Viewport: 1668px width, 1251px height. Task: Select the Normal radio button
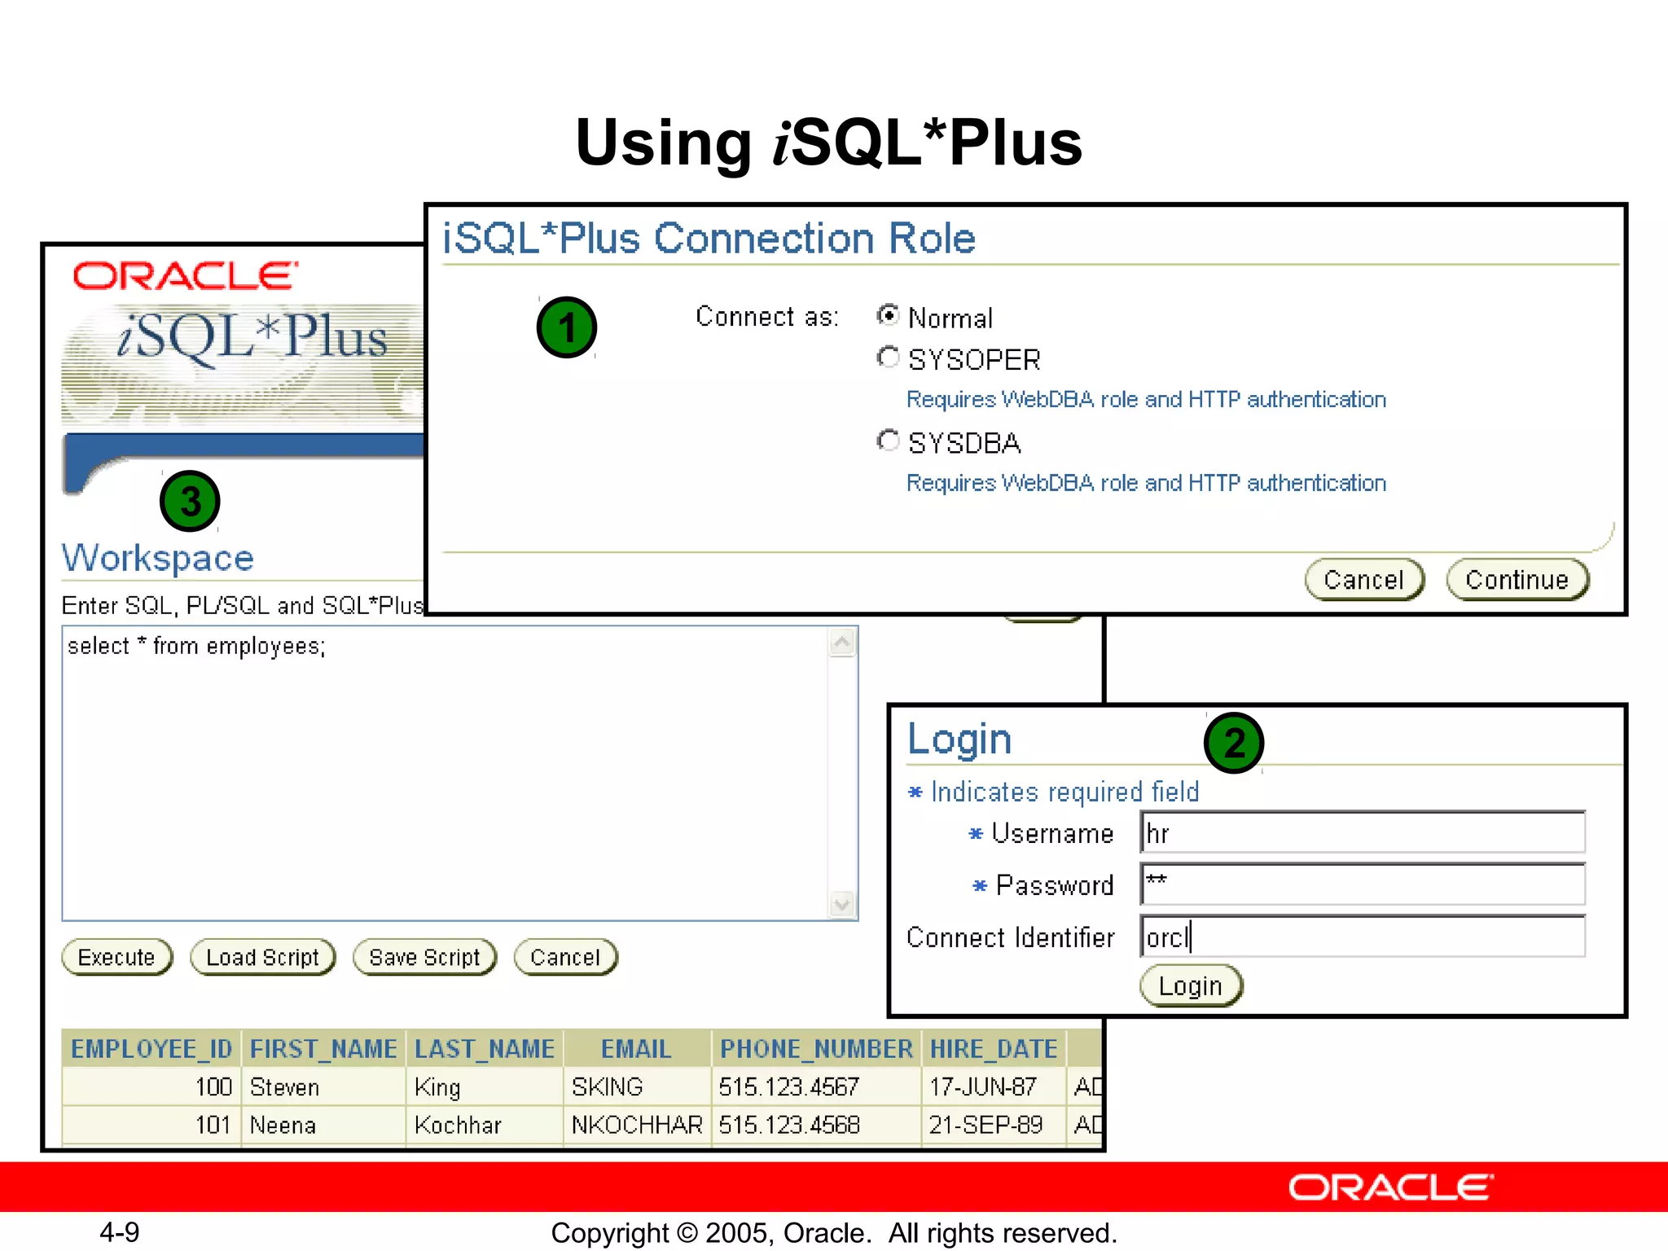(888, 315)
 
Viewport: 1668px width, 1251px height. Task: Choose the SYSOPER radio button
(888, 358)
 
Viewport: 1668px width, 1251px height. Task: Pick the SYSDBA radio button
(888, 441)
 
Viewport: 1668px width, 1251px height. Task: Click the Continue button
(1517, 580)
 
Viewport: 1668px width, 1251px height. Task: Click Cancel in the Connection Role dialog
(1363, 580)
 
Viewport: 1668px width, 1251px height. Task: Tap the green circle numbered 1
(567, 327)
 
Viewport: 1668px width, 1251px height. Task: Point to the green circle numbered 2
(1234, 743)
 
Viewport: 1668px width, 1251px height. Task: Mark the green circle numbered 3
(190, 501)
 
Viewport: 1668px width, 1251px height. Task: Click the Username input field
(1362, 833)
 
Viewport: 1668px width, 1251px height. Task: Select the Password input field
(1362, 884)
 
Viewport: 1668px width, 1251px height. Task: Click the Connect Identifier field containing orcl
(1362, 937)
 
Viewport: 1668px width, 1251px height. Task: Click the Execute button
(116, 957)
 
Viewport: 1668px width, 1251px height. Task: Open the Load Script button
(262, 957)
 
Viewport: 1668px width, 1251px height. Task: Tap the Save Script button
(424, 957)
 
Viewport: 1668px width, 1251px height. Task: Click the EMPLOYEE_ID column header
(151, 1049)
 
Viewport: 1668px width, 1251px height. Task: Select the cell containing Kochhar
(458, 1125)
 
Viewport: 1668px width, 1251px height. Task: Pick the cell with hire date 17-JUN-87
(983, 1086)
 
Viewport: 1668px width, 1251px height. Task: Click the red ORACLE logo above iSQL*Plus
(185, 276)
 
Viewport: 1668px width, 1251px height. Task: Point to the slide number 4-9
(119, 1232)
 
